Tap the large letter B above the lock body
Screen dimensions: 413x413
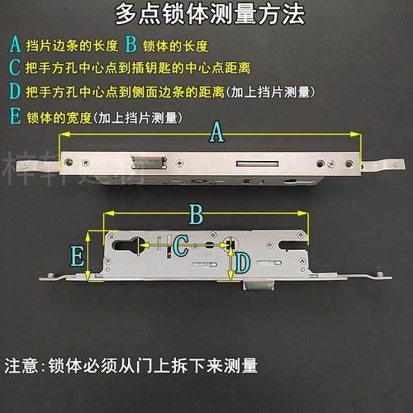(196, 215)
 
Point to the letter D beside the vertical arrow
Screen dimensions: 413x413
(241, 263)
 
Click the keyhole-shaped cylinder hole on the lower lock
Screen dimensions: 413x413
(131, 244)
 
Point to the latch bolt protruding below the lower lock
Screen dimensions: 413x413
(259, 285)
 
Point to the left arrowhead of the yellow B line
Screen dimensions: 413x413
(103, 216)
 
